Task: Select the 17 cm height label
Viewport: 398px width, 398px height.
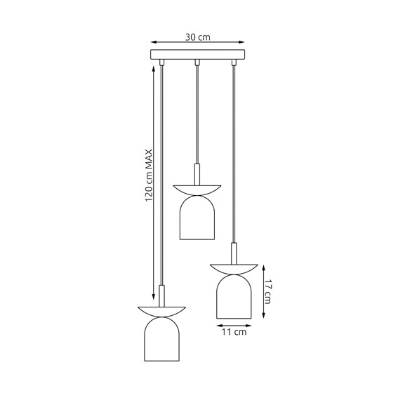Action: pos(267,289)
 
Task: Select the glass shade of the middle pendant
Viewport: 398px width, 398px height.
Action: pos(197,215)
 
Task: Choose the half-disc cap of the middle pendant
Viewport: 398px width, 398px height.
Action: pos(197,188)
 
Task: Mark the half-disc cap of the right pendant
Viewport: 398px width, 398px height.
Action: pos(235,268)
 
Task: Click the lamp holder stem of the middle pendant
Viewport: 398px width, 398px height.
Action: pos(197,173)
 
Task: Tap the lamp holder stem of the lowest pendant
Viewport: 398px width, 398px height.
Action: pos(162,294)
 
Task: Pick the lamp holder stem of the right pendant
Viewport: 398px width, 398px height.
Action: pos(235,252)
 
